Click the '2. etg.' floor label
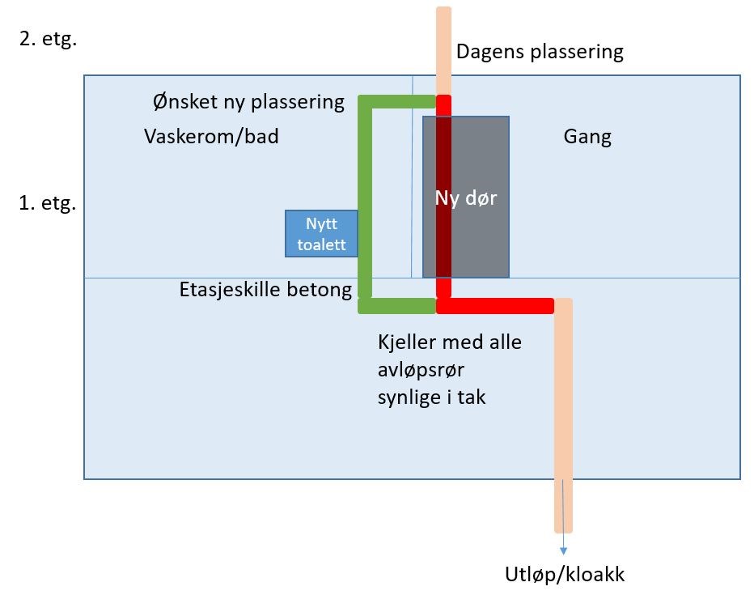[48, 40]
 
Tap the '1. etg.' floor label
[48, 203]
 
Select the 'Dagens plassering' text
[540, 53]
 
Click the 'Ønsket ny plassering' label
[248, 103]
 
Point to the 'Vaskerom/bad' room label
[211, 136]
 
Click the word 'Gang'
[587, 137]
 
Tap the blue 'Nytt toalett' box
[321, 234]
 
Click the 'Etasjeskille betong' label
[266, 290]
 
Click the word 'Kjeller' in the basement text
[409, 342]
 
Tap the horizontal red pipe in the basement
[495, 306]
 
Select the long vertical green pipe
[365, 202]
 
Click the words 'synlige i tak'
[432, 397]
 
